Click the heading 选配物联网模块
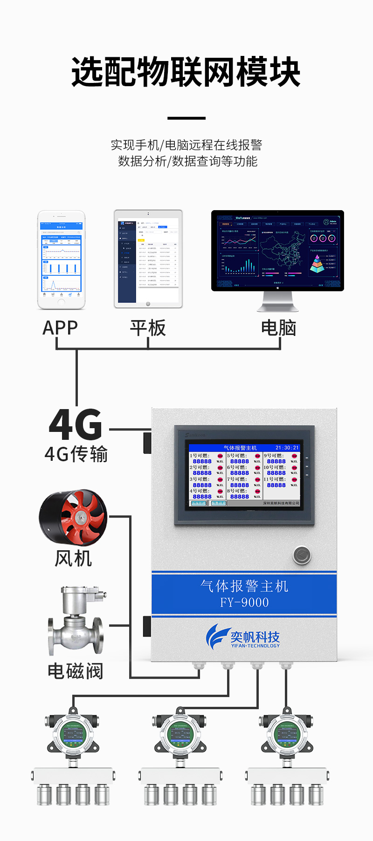point(186,72)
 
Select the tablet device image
point(148,259)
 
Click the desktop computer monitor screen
point(277,250)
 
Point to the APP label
point(60,328)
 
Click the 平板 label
point(148,328)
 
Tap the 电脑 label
point(278,328)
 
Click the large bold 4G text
point(76,424)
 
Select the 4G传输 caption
point(76,454)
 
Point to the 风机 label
point(73,558)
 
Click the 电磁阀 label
point(75,671)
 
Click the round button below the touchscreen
point(302,555)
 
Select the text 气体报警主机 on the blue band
point(244,586)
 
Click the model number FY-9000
point(244,602)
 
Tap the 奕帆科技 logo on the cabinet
point(243,636)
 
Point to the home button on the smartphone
point(62,301)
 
